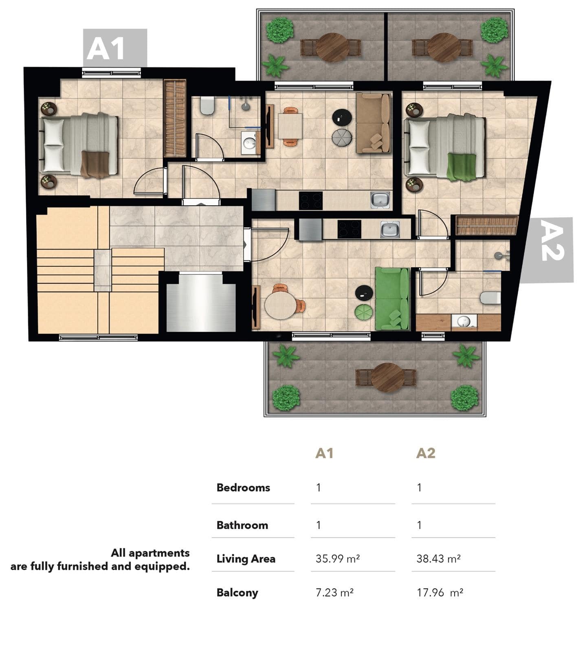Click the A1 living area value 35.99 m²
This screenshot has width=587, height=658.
pyautogui.click(x=337, y=558)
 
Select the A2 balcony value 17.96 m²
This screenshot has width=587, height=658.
pyautogui.click(x=440, y=592)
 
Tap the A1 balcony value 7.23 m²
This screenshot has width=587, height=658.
pyautogui.click(x=334, y=592)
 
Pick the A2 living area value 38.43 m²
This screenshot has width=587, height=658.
pyautogui.click(x=438, y=558)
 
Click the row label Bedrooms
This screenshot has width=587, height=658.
pyautogui.click(x=243, y=487)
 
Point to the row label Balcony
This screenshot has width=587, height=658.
pyautogui.click(x=237, y=592)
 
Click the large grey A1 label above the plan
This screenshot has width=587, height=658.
pyautogui.click(x=115, y=48)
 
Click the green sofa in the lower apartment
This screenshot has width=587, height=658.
pyautogui.click(x=391, y=298)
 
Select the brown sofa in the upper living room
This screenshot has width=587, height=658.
pyautogui.click(x=373, y=123)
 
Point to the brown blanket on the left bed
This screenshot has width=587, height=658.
pyautogui.click(x=95, y=164)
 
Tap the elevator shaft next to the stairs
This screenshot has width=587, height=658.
pyautogui.click(x=201, y=302)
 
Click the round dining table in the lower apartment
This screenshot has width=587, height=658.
pyautogui.click(x=281, y=305)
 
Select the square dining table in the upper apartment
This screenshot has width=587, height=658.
pyautogui.click(x=290, y=126)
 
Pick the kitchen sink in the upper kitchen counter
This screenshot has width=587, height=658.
pyautogui.click(x=380, y=200)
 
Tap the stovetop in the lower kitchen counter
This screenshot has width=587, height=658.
pyautogui.click(x=349, y=229)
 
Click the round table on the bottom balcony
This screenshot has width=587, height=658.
pyautogui.click(x=387, y=377)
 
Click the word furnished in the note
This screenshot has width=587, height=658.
pyautogui.click(x=82, y=566)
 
